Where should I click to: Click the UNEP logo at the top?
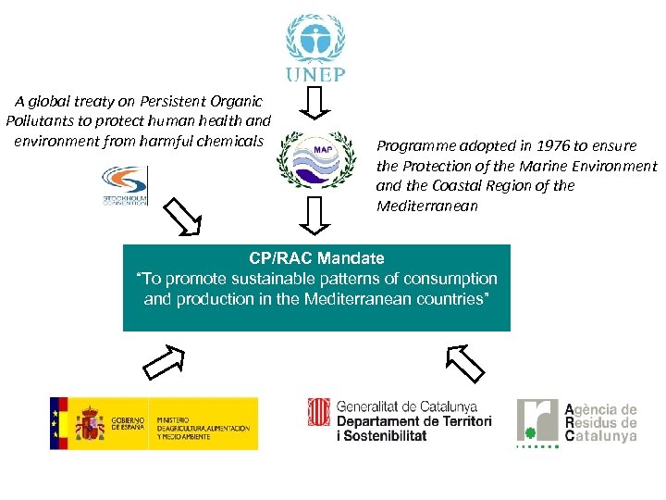tap(316, 47)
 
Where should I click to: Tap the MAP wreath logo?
tap(316, 157)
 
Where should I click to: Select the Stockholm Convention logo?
tap(124, 186)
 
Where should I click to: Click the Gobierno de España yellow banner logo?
tap(154, 423)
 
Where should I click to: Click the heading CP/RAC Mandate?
tap(316, 258)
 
